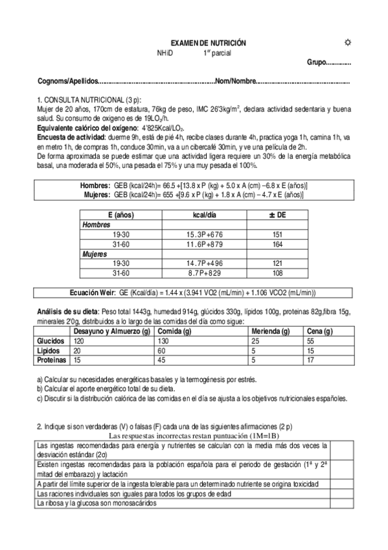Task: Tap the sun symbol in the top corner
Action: click(x=348, y=42)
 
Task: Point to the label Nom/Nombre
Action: click(x=236, y=82)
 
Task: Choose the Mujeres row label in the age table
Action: click(x=94, y=254)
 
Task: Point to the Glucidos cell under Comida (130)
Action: click(x=163, y=341)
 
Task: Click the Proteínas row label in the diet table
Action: click(x=51, y=359)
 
